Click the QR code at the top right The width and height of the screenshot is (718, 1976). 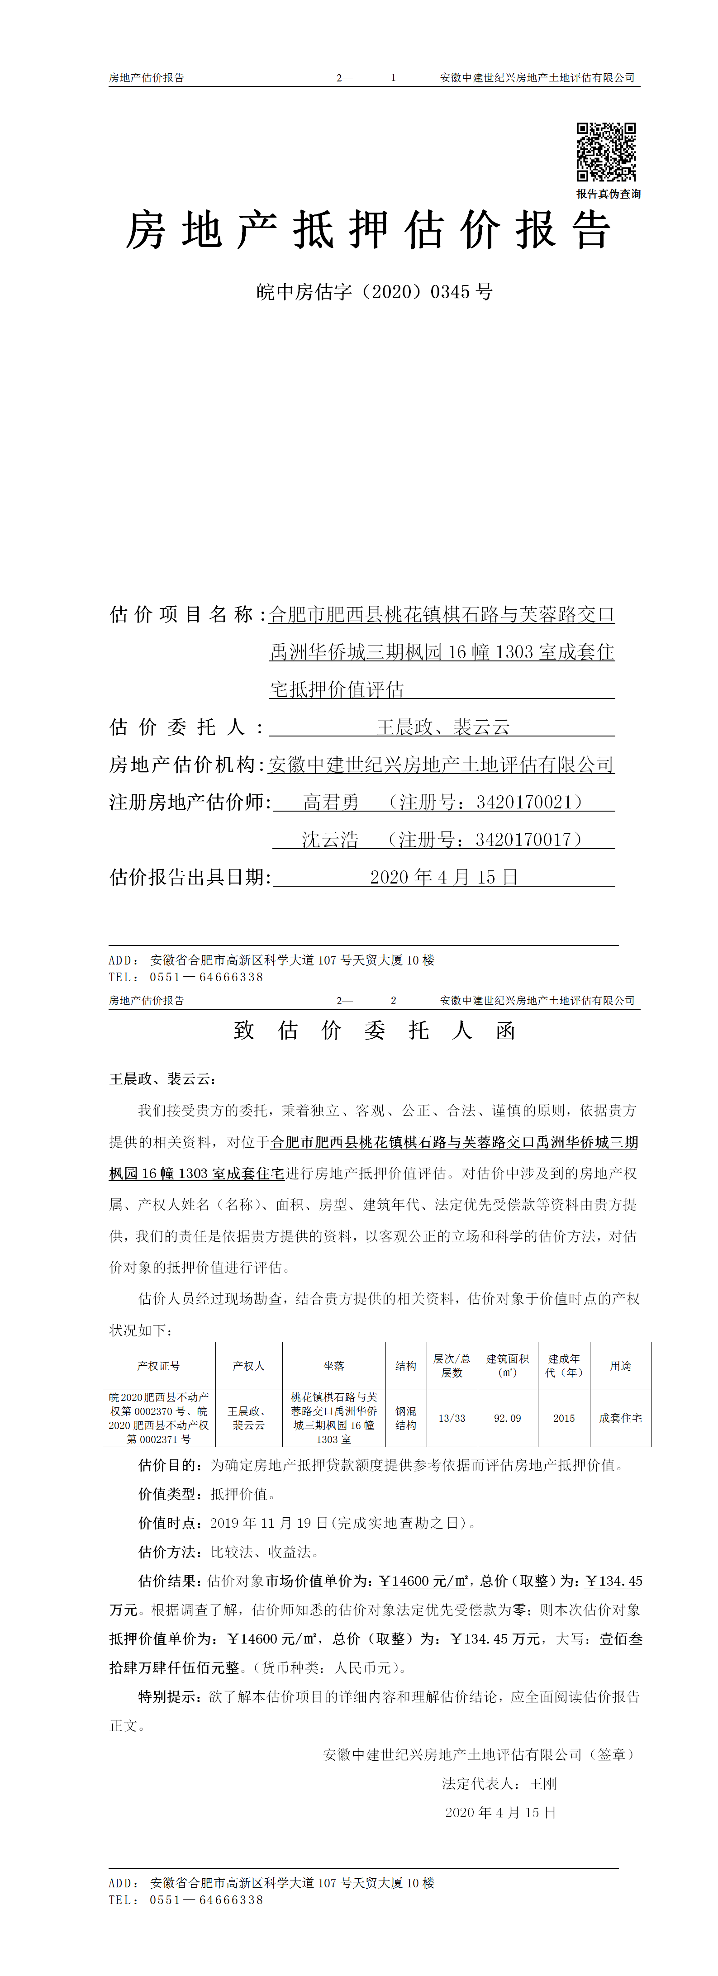point(606,152)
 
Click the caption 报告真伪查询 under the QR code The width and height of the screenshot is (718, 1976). point(609,194)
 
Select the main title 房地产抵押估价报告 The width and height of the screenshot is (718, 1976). point(368,230)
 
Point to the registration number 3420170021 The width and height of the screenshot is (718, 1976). point(524,803)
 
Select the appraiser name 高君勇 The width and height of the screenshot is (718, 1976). point(331,803)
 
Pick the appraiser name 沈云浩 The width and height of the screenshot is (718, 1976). point(330,840)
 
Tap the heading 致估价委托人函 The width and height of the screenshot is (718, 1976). point(374,1030)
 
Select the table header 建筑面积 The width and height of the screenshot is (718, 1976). point(507,1359)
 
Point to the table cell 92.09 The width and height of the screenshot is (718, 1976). point(507,1418)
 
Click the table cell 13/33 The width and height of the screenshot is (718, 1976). point(452,1418)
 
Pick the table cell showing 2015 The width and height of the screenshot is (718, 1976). point(564,1418)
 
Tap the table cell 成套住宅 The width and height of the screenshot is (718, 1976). point(621,1418)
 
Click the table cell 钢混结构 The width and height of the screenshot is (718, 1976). point(406,1418)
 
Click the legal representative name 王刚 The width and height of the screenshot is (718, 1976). point(543,1783)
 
